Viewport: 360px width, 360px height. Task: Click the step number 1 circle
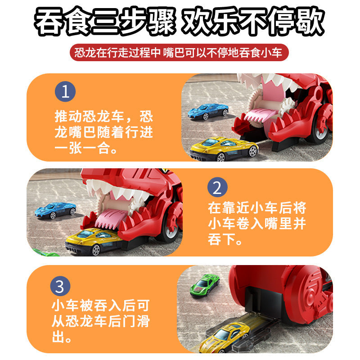(x=65, y=92)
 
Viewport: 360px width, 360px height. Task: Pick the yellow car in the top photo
(x=224, y=148)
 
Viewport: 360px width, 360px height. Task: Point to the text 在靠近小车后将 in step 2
(x=257, y=208)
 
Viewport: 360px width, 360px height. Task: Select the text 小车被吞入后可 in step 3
(x=99, y=306)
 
